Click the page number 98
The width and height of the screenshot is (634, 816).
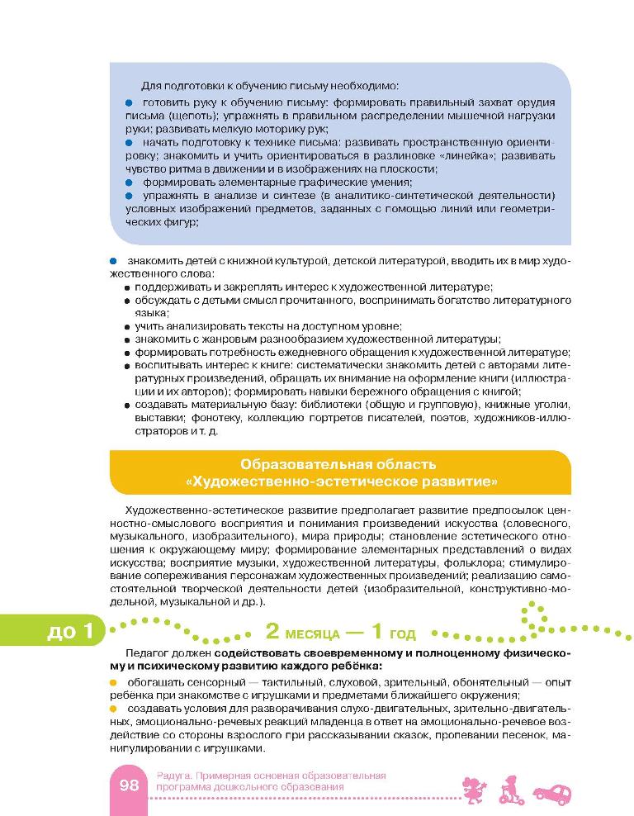(x=128, y=785)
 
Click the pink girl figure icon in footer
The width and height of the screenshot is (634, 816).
(x=476, y=788)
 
